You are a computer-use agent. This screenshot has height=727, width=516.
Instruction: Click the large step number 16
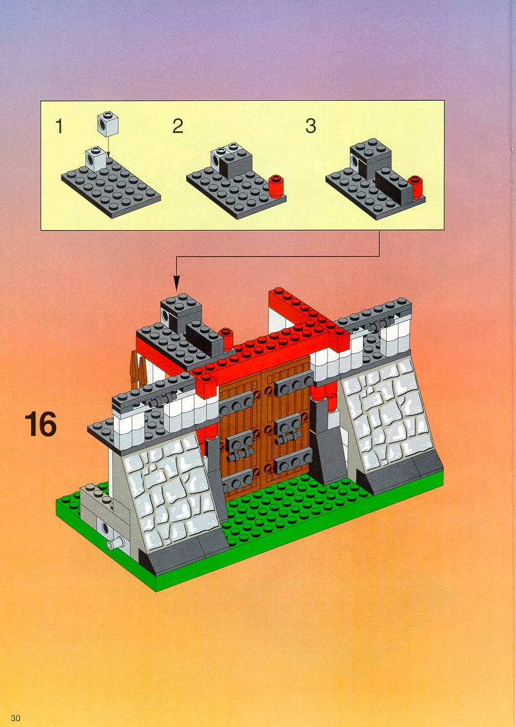[x=41, y=424]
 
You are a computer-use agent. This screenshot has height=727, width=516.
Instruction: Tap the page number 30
[x=15, y=718]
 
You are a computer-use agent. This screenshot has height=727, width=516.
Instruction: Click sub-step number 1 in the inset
[x=59, y=126]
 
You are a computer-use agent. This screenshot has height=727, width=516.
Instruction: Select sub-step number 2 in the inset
[x=178, y=126]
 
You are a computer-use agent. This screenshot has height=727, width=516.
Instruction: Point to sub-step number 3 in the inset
[x=311, y=126]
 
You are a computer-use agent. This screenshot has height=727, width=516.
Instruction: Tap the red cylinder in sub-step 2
[x=276, y=186]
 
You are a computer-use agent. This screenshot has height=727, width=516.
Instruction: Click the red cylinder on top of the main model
[x=225, y=339]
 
